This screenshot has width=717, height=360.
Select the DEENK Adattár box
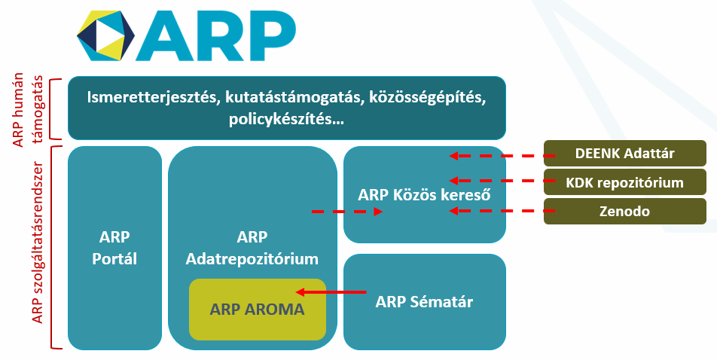(x=625, y=154)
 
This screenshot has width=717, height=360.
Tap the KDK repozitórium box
(x=625, y=182)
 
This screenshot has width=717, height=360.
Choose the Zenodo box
(x=625, y=211)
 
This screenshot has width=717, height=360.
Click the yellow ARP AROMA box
(x=257, y=309)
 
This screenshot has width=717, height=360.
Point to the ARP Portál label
(x=114, y=247)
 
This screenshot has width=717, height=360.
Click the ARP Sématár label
(x=424, y=303)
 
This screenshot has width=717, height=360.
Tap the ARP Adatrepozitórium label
(x=252, y=248)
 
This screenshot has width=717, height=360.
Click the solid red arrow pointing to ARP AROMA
(x=331, y=291)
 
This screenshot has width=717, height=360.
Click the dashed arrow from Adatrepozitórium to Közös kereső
(x=346, y=212)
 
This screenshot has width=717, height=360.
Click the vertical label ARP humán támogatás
(x=29, y=107)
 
